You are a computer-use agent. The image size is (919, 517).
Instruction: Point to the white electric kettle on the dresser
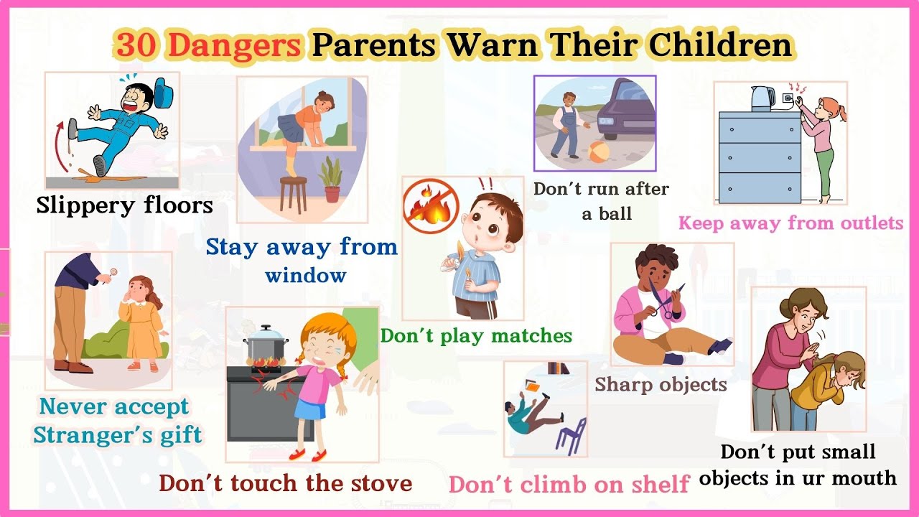761,98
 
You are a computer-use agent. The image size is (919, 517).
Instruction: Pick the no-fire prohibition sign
431,208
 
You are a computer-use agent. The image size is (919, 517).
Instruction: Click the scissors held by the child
666,301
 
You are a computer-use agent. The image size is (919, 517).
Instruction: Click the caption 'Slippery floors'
125,205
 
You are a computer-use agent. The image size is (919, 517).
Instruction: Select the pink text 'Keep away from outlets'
790,223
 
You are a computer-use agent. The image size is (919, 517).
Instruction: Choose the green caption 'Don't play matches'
476,335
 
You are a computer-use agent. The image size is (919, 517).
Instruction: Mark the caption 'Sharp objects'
661,385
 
